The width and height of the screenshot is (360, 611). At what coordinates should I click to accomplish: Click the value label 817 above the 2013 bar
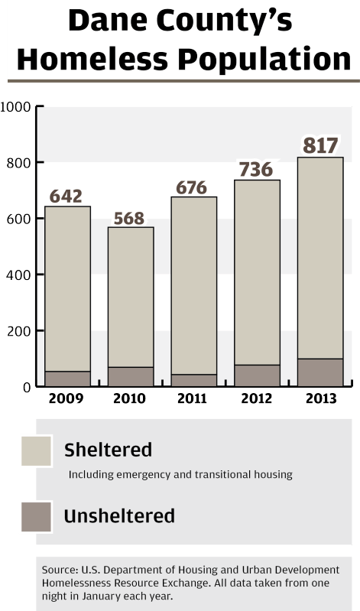tap(319, 145)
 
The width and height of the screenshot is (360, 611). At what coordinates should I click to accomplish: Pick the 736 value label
tap(256, 169)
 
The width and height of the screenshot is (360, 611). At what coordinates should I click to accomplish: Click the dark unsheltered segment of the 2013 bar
tap(319, 372)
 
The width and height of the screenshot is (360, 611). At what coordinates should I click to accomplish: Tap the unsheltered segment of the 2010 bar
tap(131, 377)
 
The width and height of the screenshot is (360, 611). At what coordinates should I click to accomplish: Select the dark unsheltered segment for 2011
tap(193, 380)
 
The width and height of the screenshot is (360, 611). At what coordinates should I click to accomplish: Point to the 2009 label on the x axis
tap(65, 398)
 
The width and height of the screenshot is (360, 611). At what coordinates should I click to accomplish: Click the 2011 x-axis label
tap(192, 398)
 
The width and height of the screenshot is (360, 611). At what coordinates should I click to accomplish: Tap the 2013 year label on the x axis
tap(319, 398)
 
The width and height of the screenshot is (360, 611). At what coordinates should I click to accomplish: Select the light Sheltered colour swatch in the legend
tap(35, 451)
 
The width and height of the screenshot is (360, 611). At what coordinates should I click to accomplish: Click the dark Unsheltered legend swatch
tap(35, 517)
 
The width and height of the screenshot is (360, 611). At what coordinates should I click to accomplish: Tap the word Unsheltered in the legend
tap(119, 516)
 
